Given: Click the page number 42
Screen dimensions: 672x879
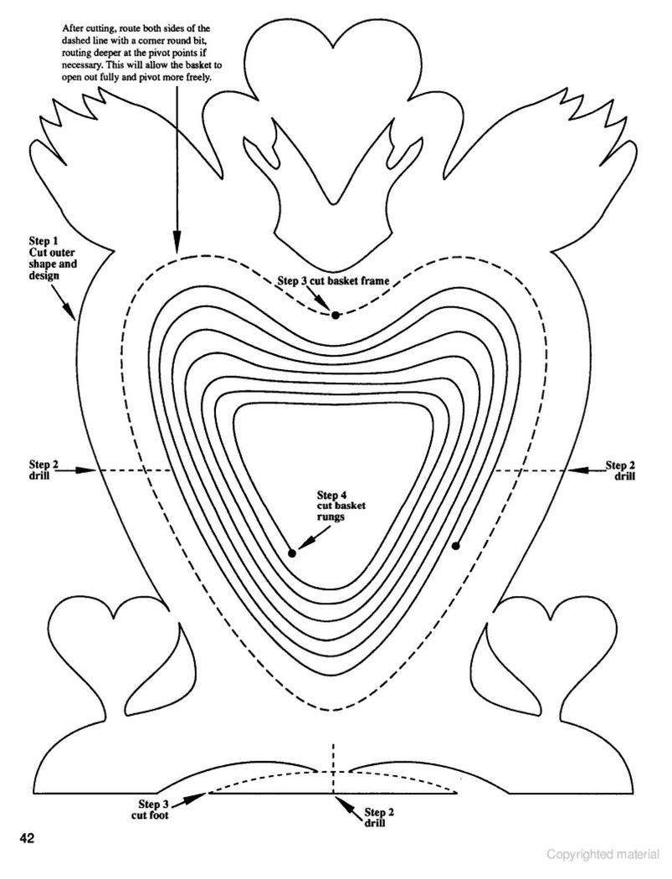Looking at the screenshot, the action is click(28, 839).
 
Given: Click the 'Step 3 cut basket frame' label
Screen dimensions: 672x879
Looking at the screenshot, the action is click(333, 280).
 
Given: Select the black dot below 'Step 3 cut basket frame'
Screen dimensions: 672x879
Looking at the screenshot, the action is click(335, 315).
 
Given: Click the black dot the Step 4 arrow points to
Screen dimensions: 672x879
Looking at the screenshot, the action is click(292, 553).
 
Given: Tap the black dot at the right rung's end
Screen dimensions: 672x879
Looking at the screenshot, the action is click(455, 546).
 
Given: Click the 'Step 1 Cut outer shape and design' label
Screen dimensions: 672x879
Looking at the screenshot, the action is click(53, 259).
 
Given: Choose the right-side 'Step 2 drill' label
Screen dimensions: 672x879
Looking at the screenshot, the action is click(620, 470).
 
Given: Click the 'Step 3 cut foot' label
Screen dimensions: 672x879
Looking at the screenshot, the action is click(150, 809).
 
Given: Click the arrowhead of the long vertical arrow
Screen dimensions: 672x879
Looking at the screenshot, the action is click(177, 245).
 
